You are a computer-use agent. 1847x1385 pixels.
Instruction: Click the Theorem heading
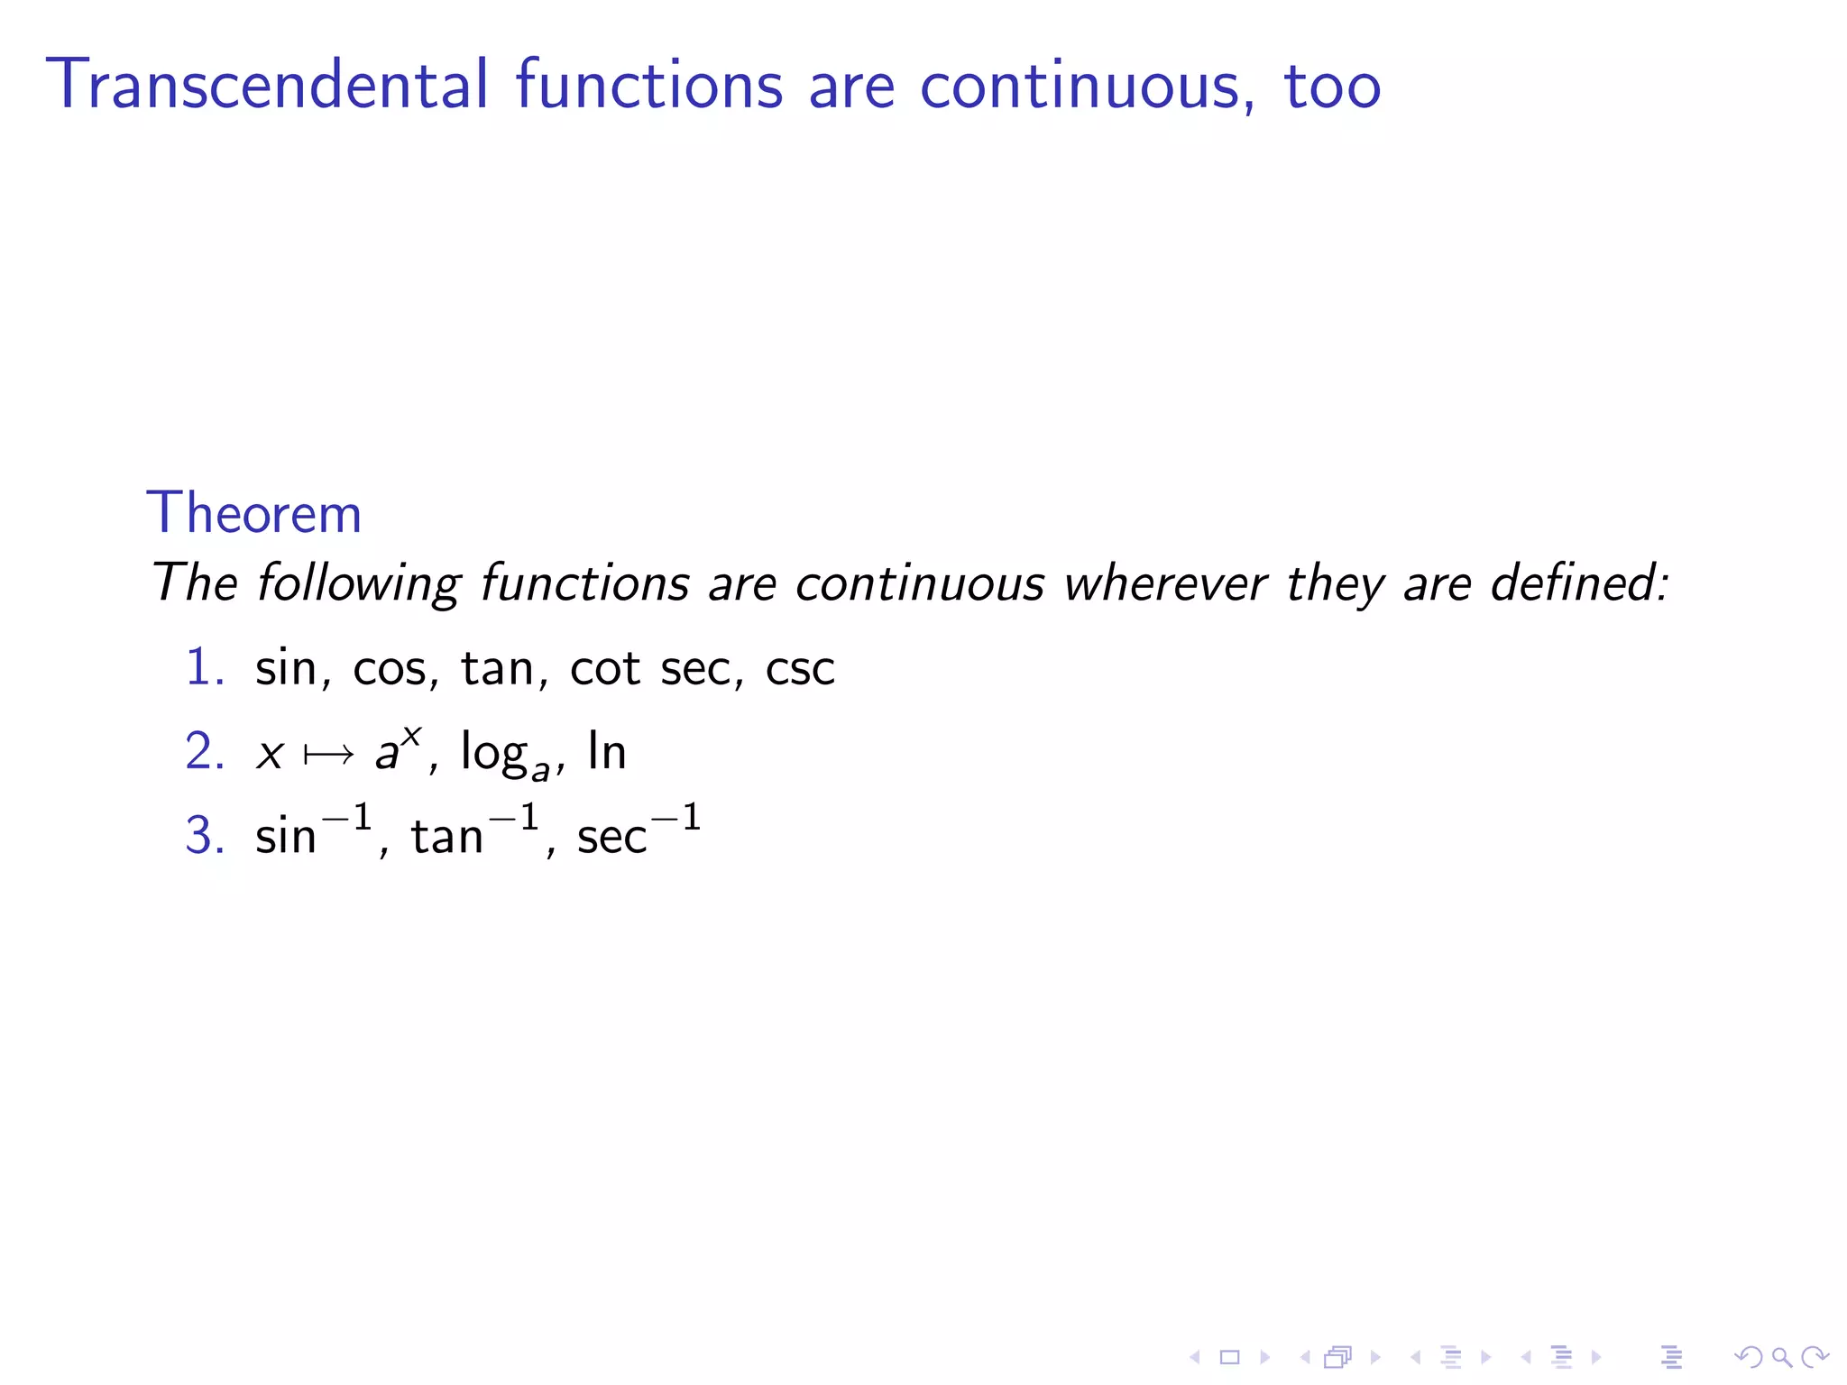pyautogui.click(x=254, y=513)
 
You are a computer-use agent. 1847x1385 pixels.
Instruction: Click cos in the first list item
pyautogui.click(x=389, y=669)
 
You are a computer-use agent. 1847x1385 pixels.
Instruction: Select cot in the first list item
pyautogui.click(x=605, y=669)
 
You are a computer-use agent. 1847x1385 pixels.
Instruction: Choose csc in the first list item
pyautogui.click(x=800, y=669)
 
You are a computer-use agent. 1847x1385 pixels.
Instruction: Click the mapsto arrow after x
pyautogui.click(x=328, y=754)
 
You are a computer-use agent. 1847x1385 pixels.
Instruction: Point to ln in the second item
pyautogui.click(x=607, y=751)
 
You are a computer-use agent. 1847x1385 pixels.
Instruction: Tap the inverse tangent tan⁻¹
pyautogui.click(x=475, y=831)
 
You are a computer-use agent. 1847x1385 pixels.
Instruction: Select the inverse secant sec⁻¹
pyautogui.click(x=639, y=831)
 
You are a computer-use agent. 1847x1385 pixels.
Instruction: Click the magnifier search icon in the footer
pyautogui.click(x=1781, y=1357)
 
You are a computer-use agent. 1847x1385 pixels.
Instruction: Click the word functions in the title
pyautogui.click(x=649, y=85)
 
